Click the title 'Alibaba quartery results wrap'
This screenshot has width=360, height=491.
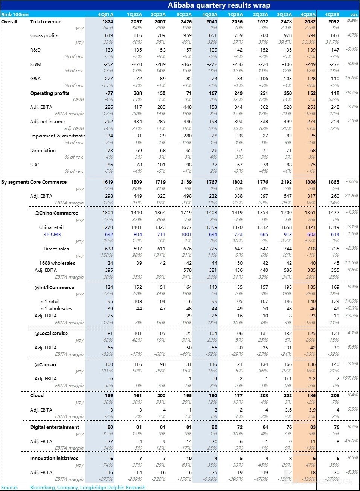click(219, 5)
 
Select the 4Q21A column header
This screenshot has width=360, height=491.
click(106, 15)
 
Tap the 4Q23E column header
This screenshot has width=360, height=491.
click(332, 15)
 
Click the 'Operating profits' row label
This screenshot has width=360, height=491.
click(49, 93)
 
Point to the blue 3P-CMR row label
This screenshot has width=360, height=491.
click(52, 235)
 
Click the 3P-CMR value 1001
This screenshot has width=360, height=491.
click(186, 235)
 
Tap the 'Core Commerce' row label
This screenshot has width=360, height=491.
click(48, 182)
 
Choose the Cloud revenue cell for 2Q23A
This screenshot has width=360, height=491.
click(264, 396)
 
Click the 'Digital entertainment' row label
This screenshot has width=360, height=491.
click(55, 427)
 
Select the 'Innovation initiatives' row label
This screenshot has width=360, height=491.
click(54, 459)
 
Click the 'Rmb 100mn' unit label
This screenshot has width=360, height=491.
click(15, 15)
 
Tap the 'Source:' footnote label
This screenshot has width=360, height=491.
click(9, 488)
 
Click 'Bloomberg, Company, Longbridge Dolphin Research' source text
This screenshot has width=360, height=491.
click(88, 488)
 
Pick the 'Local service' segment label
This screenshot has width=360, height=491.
click(53, 334)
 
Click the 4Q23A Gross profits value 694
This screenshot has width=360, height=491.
click(311, 35)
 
